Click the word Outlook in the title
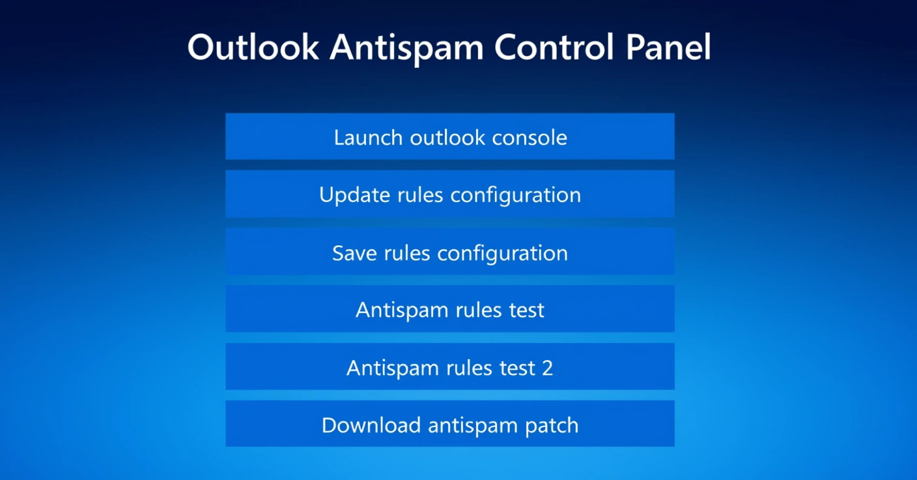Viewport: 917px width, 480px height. pyautogui.click(x=253, y=47)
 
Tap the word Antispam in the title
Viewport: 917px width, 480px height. pyautogui.click(x=407, y=50)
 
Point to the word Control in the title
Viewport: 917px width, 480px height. pyautogui.click(x=554, y=47)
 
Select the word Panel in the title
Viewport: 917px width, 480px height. pyautogui.click(x=668, y=47)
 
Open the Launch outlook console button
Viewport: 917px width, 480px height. pyautogui.click(x=450, y=136)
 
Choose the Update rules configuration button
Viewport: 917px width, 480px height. pyautogui.click(x=450, y=194)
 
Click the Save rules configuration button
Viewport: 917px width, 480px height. pyautogui.click(x=450, y=251)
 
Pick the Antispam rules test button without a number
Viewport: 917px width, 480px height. pyautogui.click(x=450, y=308)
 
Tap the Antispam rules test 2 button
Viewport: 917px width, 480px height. pyautogui.click(x=450, y=367)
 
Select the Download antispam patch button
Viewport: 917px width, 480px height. pyautogui.click(x=450, y=423)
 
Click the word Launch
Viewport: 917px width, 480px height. pyautogui.click(x=368, y=138)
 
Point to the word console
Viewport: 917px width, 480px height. pyautogui.click(x=529, y=138)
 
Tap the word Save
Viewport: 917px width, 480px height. pyautogui.click(x=354, y=253)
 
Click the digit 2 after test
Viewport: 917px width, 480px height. pyautogui.click(x=547, y=368)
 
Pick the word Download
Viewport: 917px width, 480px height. pyautogui.click(x=371, y=425)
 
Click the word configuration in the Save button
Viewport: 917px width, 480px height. pyautogui.click(x=503, y=254)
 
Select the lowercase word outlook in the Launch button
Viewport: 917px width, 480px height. pyautogui.click(x=447, y=138)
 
